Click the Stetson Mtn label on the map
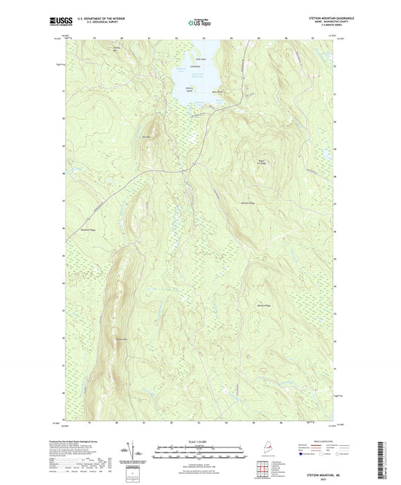click(117, 336)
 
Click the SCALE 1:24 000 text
click(201, 432)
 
